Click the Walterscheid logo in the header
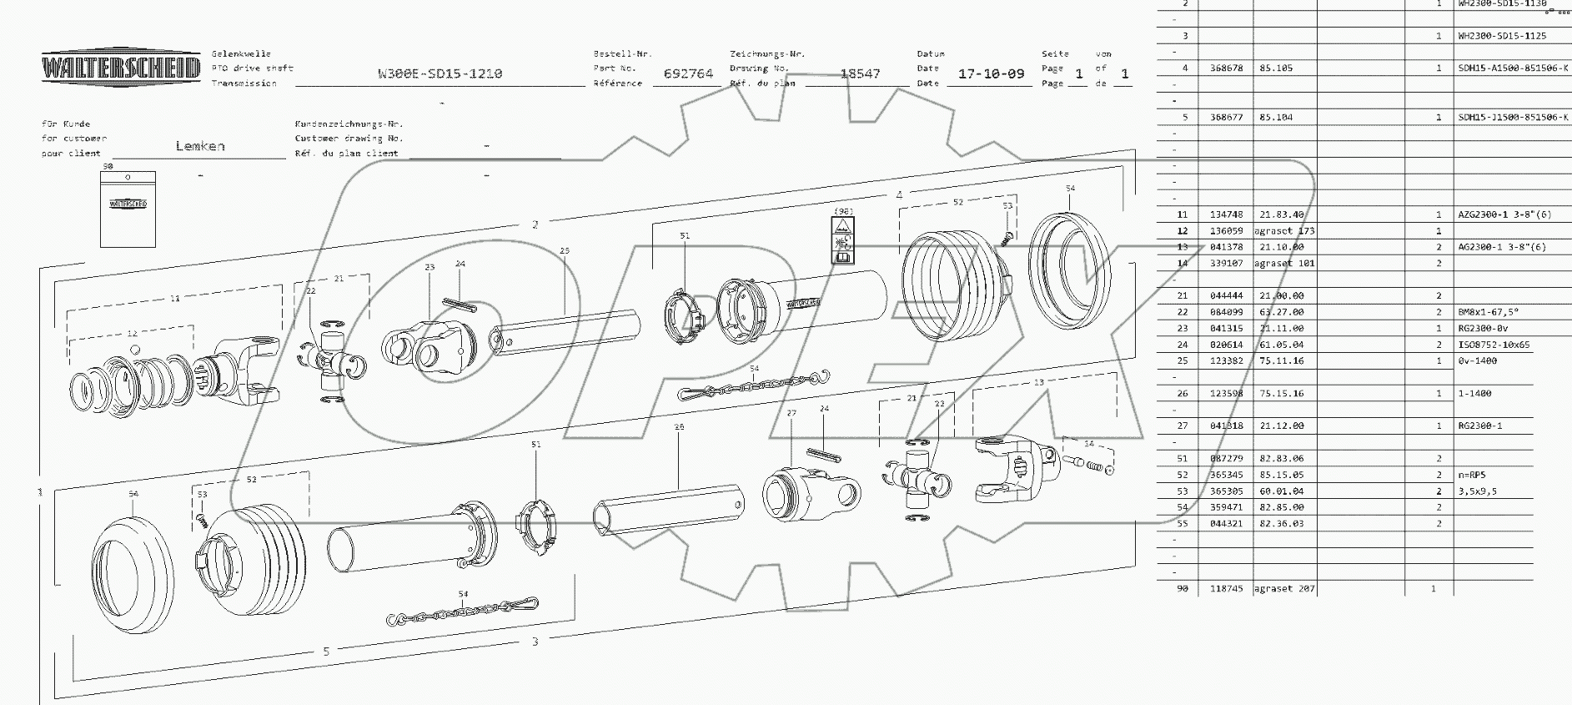[121, 68]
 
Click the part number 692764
[688, 73]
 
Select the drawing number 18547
[860, 73]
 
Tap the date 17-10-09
[991, 73]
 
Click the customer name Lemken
[200, 146]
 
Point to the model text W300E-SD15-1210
[439, 73]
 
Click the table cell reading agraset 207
[1284, 589]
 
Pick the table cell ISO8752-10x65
[1490, 345]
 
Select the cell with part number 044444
[1226, 296]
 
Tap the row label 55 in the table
[1182, 524]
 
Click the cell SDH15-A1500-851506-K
[1512, 68]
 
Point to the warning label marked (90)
[843, 241]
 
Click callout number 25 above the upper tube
[565, 251]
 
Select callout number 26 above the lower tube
[679, 427]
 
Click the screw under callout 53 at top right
[1004, 238]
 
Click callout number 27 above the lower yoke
[791, 413]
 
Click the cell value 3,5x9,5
[1477, 491]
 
